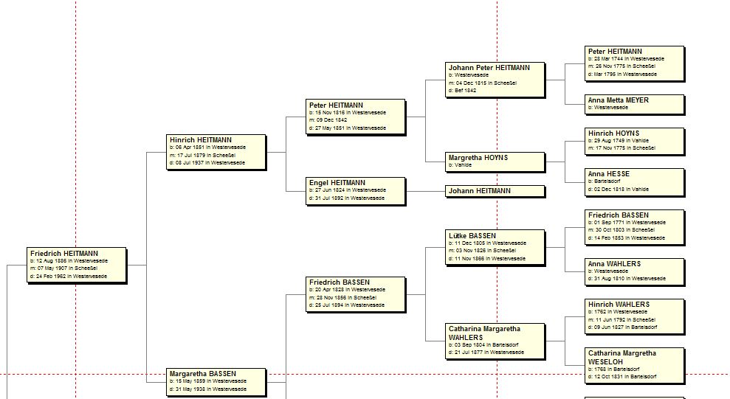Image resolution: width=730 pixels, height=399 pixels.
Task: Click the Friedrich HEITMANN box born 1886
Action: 77,265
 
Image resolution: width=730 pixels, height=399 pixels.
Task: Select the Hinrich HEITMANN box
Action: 216,151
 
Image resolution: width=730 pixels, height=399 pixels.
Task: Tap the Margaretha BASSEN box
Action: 216,381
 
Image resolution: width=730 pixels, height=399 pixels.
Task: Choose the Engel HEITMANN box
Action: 356,190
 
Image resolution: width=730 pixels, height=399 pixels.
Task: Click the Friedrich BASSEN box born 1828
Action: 356,294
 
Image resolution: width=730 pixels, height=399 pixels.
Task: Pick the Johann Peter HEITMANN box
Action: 495,79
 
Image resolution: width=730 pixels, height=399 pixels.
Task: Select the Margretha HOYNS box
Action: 495,161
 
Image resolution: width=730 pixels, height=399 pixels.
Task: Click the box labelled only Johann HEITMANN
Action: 495,191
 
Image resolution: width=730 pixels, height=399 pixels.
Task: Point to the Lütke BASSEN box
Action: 495,247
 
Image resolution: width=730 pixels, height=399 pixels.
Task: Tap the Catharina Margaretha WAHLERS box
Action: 495,341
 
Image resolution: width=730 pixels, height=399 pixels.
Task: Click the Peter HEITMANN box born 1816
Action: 356,117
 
